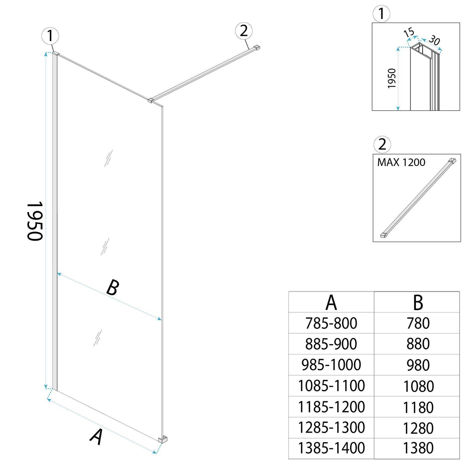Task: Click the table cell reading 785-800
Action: [331, 323]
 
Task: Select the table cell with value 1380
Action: [418, 448]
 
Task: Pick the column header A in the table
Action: [331, 302]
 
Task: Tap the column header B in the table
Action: [418, 302]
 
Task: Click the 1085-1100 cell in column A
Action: [331, 386]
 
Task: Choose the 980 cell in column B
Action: [418, 365]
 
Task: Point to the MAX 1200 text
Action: [401, 162]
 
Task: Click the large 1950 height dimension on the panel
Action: [35, 221]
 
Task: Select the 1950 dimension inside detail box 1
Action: [392, 78]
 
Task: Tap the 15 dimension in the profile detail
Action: [409, 33]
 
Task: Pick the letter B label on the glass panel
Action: [112, 288]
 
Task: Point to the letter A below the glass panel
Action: [96, 437]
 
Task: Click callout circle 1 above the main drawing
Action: [50, 36]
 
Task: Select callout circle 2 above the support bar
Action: [244, 31]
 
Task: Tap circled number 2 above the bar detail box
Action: [382, 144]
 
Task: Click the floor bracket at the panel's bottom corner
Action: [163, 439]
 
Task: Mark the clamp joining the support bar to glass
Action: [151, 100]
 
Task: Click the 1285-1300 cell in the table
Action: [331, 428]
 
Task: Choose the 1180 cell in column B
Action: [418, 407]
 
